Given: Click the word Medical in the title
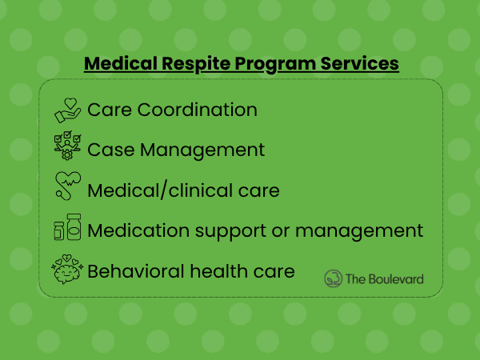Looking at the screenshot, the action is point(121,63).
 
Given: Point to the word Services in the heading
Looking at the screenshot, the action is point(360,63).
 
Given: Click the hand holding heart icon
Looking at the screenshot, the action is point(68,110).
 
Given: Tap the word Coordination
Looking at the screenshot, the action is point(197,110).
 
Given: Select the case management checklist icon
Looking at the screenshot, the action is point(68,146).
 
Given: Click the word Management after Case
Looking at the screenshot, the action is point(202,150).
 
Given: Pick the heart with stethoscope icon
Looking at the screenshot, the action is point(68,186).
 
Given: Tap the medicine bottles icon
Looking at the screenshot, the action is point(68,227).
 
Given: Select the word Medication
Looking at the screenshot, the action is point(138,230).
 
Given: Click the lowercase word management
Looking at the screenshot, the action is point(359,231).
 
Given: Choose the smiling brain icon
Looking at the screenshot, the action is point(67,269).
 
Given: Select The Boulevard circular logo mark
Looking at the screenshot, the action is point(333,278).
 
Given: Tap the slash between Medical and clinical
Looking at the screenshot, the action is point(164,190).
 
